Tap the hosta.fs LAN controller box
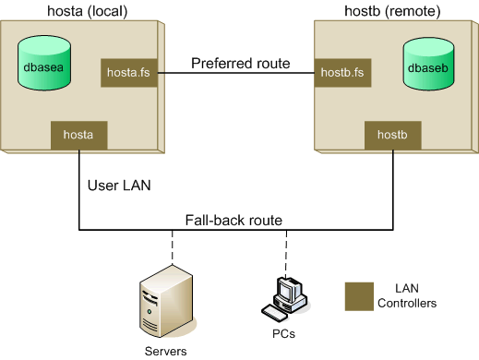127,70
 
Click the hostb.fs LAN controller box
341,70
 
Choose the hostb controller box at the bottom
393,135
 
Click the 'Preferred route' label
240,64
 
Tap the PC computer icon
285,294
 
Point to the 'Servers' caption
165,352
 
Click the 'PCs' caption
284,331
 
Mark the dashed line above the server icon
172,247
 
